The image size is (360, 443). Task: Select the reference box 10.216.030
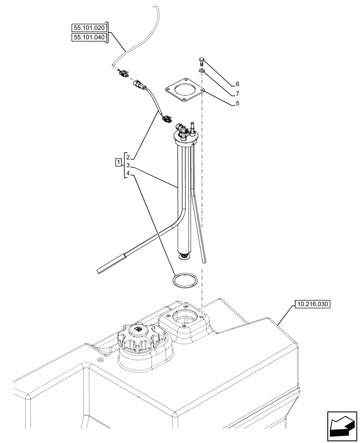(x=312, y=305)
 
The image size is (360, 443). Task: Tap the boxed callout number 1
(x=118, y=162)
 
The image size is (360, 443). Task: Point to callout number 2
(x=128, y=157)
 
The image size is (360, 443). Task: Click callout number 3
(x=128, y=166)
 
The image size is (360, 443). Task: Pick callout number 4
(x=128, y=174)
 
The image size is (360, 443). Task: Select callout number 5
(x=238, y=104)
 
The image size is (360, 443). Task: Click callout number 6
(x=238, y=84)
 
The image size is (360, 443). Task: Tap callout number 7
(x=238, y=93)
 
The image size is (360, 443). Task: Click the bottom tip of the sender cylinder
(x=183, y=256)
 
